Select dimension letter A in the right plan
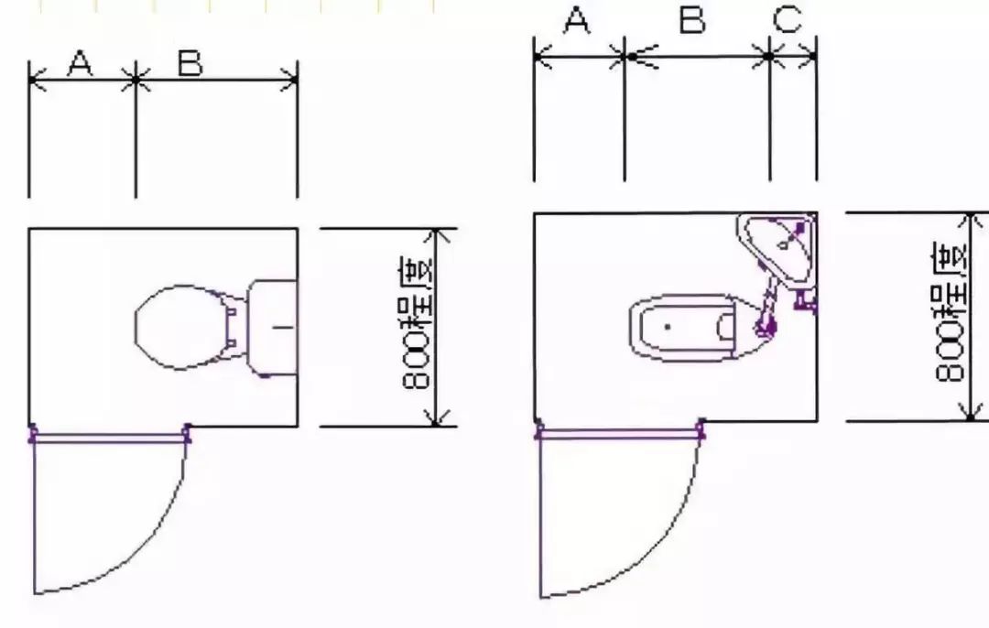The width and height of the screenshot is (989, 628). [576, 20]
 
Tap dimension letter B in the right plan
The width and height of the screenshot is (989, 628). [693, 20]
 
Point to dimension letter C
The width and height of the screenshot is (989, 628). [788, 20]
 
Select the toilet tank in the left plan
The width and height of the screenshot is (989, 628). [274, 327]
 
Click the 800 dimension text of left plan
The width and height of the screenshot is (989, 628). [418, 325]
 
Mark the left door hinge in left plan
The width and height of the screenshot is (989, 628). [33, 433]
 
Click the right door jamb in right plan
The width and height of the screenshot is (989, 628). [701, 427]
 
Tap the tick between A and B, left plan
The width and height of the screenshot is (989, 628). [136, 80]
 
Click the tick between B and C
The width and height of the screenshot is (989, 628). [769, 57]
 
